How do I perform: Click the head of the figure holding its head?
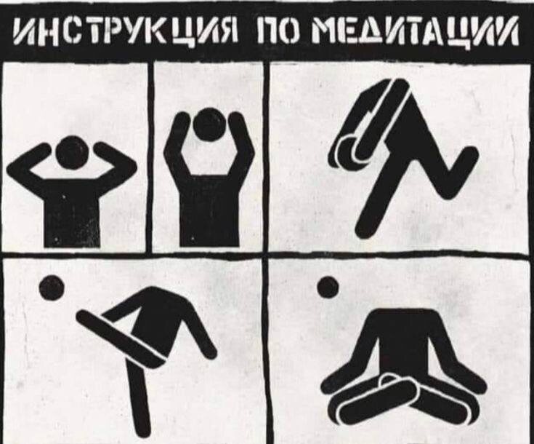[x=73, y=153]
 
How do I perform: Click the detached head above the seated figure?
[x=328, y=288]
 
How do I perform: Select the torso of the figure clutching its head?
[x=73, y=211]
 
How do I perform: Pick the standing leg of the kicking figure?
[x=138, y=400]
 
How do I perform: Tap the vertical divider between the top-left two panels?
[x=150, y=156]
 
